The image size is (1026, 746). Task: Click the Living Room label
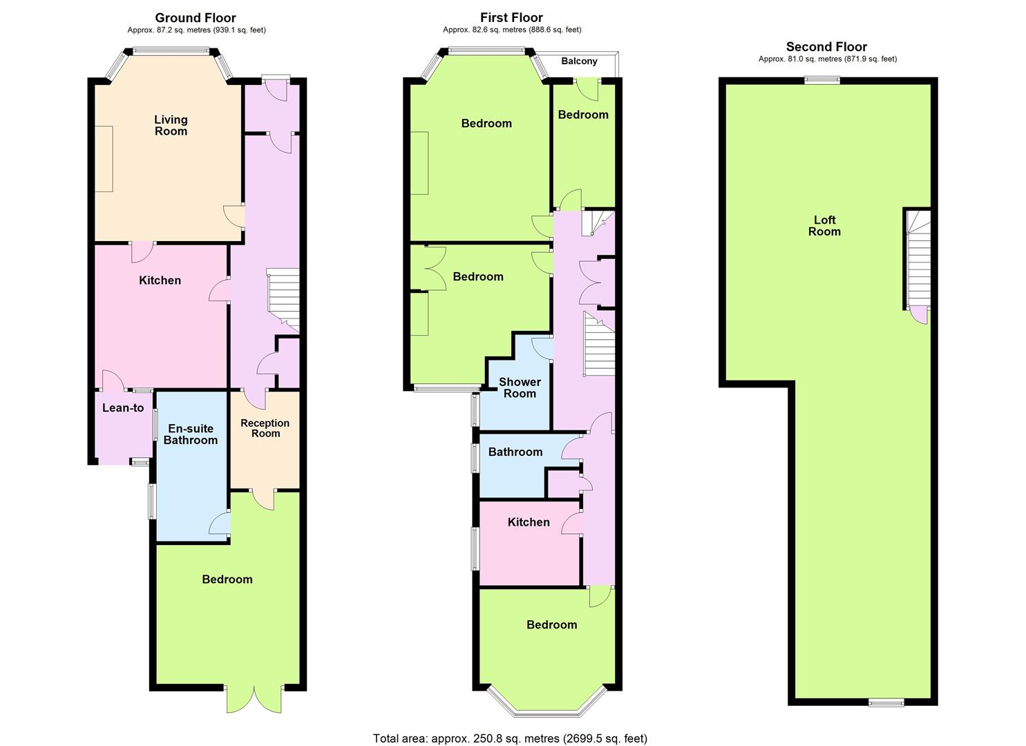click(171, 126)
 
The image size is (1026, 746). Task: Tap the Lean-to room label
click(123, 408)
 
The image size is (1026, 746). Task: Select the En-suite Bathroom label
click(191, 434)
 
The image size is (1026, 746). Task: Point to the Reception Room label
click(265, 428)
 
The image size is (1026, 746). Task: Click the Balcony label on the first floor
click(579, 61)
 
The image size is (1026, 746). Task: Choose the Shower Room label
click(520, 388)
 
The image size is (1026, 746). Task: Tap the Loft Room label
click(824, 226)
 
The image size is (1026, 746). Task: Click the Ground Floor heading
click(196, 18)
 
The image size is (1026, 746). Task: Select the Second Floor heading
click(826, 47)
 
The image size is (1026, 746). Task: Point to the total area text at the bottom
click(510, 726)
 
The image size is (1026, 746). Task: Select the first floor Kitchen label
click(529, 522)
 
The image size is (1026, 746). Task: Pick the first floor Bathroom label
click(515, 452)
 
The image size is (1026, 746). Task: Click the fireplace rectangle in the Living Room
click(104, 159)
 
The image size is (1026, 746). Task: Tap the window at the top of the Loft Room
click(823, 81)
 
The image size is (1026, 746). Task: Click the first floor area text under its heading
click(512, 30)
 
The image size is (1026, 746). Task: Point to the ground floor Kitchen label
click(160, 280)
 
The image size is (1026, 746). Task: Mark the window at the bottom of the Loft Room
click(886, 702)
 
